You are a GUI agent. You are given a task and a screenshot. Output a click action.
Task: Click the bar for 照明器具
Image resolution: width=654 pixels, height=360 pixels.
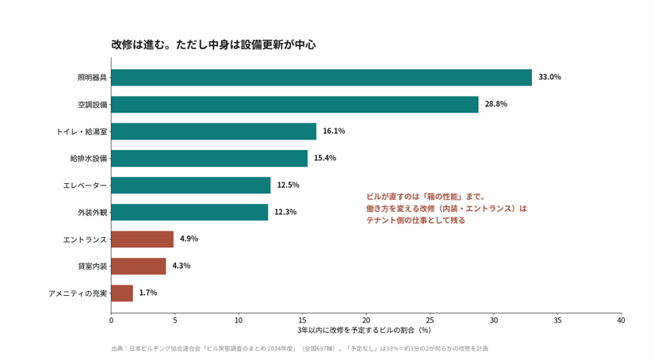pos(322,78)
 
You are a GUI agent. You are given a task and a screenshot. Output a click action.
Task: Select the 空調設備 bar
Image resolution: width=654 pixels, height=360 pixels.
pos(295,105)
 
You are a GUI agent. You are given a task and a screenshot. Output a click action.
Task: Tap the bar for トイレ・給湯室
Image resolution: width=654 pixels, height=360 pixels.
pos(213,132)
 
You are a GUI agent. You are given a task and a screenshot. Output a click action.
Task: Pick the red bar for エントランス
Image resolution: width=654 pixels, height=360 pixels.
pos(142,239)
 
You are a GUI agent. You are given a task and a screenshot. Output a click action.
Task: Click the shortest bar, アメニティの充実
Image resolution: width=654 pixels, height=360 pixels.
pos(122,293)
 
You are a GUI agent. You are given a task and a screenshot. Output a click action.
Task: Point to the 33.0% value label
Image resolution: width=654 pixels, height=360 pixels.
pos(549,77)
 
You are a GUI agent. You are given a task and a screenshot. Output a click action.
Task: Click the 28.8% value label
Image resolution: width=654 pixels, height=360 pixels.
pos(496,104)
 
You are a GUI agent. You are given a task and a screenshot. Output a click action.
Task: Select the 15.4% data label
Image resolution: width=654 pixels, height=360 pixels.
pos(325,158)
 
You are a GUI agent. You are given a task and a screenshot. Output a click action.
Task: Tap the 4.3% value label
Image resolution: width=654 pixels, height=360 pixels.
pos(182,266)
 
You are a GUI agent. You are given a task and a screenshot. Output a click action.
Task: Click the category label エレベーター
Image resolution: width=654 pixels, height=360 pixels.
pos(85,186)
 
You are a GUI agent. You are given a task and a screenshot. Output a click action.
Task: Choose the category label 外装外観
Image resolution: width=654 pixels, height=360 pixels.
pos(93,213)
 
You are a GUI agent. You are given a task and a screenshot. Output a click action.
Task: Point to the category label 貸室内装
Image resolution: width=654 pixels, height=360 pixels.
pos(93,266)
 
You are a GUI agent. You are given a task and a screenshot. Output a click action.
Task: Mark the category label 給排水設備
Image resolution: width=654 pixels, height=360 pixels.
pos(89,159)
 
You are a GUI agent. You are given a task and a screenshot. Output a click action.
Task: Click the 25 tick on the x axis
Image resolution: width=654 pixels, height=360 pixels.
pos(430,320)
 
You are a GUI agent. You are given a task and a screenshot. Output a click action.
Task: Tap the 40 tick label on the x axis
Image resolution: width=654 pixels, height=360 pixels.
pos(621,320)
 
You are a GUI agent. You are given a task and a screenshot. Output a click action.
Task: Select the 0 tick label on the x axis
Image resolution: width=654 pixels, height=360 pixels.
pos(111,320)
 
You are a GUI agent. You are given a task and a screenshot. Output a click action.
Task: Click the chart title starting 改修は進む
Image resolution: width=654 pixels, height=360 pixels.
pos(213,44)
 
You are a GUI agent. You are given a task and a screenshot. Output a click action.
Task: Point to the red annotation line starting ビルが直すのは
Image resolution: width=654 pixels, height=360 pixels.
pos(426,197)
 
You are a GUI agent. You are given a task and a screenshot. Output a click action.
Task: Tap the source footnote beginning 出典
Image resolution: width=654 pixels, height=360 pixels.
pos(300,349)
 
